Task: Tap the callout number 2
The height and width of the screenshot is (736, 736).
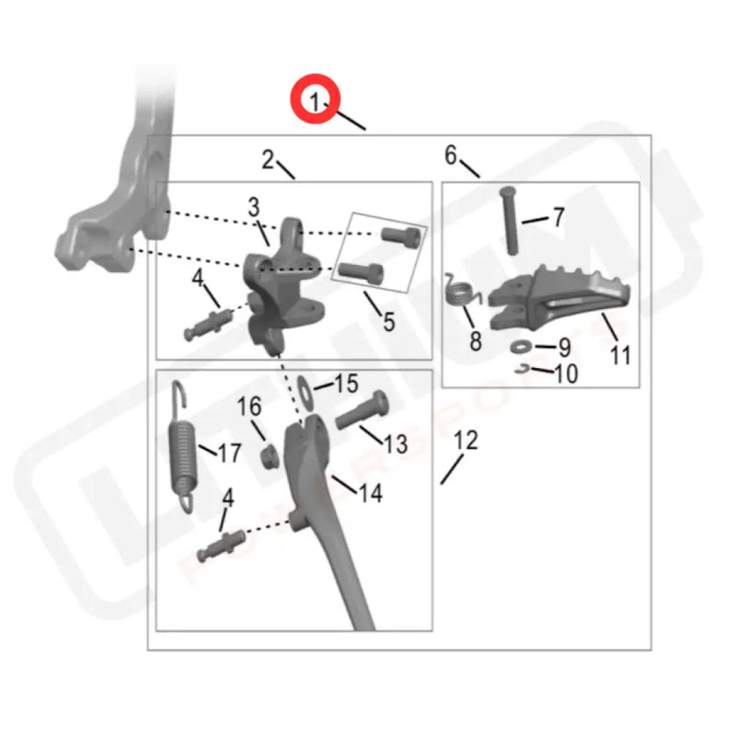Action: (268, 160)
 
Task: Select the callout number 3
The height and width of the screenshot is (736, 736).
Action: (254, 209)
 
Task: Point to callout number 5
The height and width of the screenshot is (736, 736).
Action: (388, 321)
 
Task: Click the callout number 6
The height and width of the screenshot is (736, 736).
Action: (451, 155)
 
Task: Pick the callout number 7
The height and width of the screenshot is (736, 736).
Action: (558, 219)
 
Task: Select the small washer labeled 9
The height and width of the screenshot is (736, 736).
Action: (518, 347)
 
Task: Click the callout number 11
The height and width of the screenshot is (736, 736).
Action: (621, 354)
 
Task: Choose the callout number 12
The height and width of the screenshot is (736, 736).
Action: (466, 441)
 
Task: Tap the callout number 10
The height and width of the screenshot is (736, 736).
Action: (566, 374)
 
